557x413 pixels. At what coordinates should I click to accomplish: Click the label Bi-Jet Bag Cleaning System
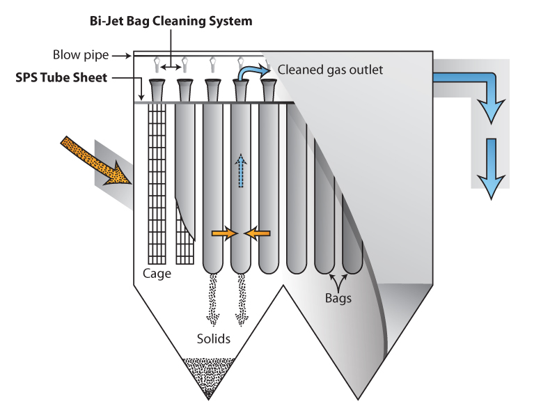coord(170,21)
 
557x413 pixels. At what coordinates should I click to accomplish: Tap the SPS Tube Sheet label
coord(61,77)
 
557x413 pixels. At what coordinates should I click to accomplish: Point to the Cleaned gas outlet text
coord(330,70)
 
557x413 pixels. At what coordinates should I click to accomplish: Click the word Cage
coord(157,274)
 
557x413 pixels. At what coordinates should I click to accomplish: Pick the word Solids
coord(212,339)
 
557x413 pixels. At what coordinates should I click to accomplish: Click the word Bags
coord(338,298)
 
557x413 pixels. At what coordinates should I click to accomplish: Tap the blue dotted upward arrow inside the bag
coord(240,171)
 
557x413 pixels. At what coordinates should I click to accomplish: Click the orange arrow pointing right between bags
coord(223,234)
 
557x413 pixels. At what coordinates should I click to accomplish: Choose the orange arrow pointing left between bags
coord(257,234)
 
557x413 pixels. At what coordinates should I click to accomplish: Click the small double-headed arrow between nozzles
coord(171,67)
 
